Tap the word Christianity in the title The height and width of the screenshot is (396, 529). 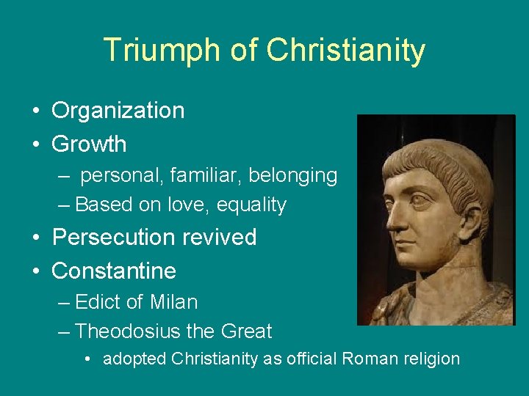(x=346, y=51)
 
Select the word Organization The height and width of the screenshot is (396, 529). (x=118, y=111)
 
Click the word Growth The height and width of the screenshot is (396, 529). (x=89, y=144)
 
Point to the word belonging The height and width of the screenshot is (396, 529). (x=292, y=176)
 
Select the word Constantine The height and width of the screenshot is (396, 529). (x=114, y=271)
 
